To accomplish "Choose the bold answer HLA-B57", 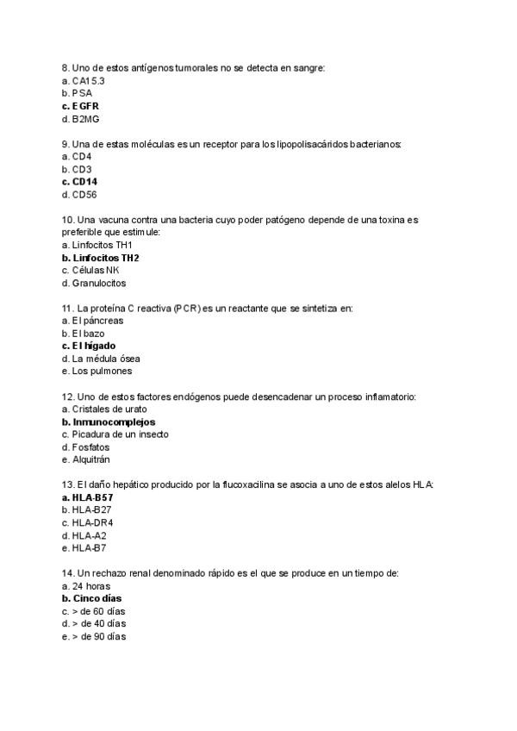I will [92, 497].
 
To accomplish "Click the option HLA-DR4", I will [92, 522].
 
